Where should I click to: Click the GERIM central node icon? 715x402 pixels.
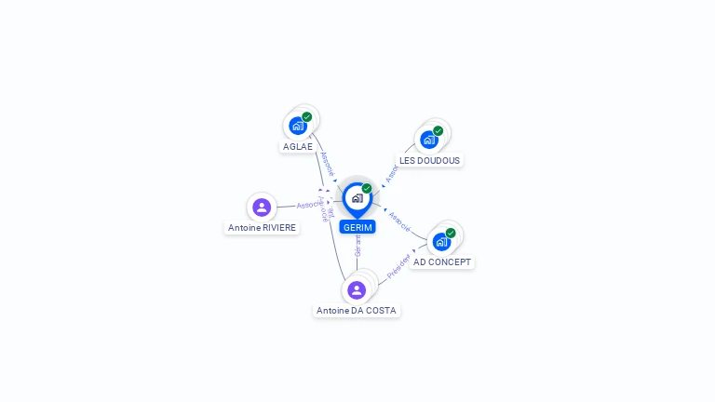click(357, 198)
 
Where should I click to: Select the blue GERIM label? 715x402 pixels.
click(357, 227)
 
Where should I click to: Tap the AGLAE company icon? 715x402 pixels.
click(298, 126)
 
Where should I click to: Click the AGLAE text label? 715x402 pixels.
click(298, 147)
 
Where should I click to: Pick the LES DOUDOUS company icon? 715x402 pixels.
click(429, 140)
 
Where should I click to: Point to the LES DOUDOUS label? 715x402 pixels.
click(429, 160)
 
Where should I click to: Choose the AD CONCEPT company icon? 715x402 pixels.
click(441, 241)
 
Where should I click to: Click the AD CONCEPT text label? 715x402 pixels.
click(442, 262)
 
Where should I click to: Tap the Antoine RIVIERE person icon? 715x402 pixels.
click(262, 208)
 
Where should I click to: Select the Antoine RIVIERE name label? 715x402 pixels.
click(262, 228)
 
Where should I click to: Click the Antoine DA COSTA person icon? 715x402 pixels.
click(357, 290)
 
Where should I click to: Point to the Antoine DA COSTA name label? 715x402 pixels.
click(357, 311)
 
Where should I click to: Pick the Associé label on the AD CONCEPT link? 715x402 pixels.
click(400, 221)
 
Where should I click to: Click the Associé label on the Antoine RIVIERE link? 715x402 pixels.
click(309, 204)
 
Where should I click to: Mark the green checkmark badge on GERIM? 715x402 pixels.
click(367, 188)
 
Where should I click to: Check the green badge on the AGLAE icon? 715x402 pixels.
click(307, 117)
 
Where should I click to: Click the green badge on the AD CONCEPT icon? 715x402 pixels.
click(451, 233)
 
